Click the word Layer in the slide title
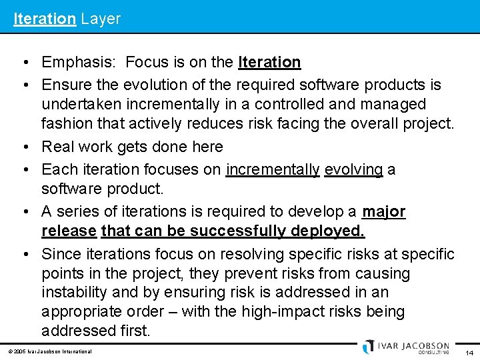[x=101, y=19]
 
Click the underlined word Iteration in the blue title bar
[x=45, y=19]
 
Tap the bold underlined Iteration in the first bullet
[x=269, y=63]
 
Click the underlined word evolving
[x=353, y=170]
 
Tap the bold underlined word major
[x=383, y=212]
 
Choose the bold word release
[x=69, y=231]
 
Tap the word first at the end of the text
[x=135, y=331]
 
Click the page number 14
[x=469, y=353]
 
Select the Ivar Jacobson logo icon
[x=369, y=347]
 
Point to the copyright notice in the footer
[x=50, y=351]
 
